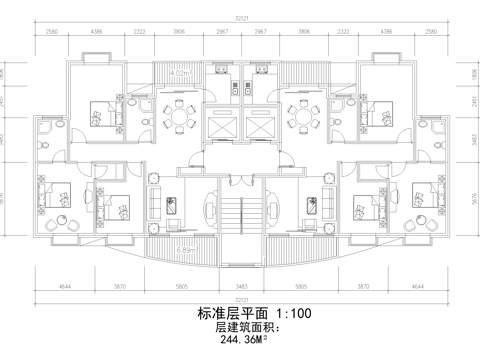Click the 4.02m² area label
coord(181,73)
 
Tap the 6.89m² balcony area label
coord(185,249)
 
